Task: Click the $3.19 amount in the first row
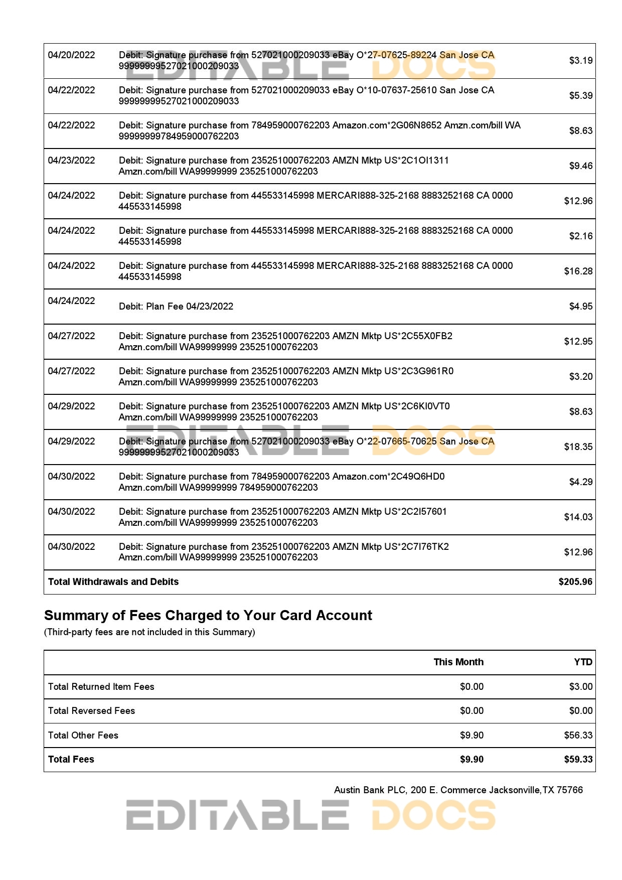[580, 61]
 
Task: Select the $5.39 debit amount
[580, 96]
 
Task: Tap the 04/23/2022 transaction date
[71, 161]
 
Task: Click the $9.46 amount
[580, 166]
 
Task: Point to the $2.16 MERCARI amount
[580, 236]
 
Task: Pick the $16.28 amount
[578, 271]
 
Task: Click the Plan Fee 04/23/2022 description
[176, 307]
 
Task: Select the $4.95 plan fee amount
[580, 307]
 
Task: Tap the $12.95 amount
[578, 342]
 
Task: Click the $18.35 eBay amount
[578, 447]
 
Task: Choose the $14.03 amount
[578, 517]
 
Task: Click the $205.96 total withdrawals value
[575, 582]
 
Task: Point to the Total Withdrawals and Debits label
[113, 582]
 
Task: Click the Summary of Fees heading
[208, 616]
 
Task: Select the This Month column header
[458, 662]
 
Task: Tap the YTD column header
[583, 662]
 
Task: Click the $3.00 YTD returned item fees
[580, 687]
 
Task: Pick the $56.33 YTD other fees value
[578, 736]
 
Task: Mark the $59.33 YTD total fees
[578, 760]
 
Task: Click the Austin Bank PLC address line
[458, 790]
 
